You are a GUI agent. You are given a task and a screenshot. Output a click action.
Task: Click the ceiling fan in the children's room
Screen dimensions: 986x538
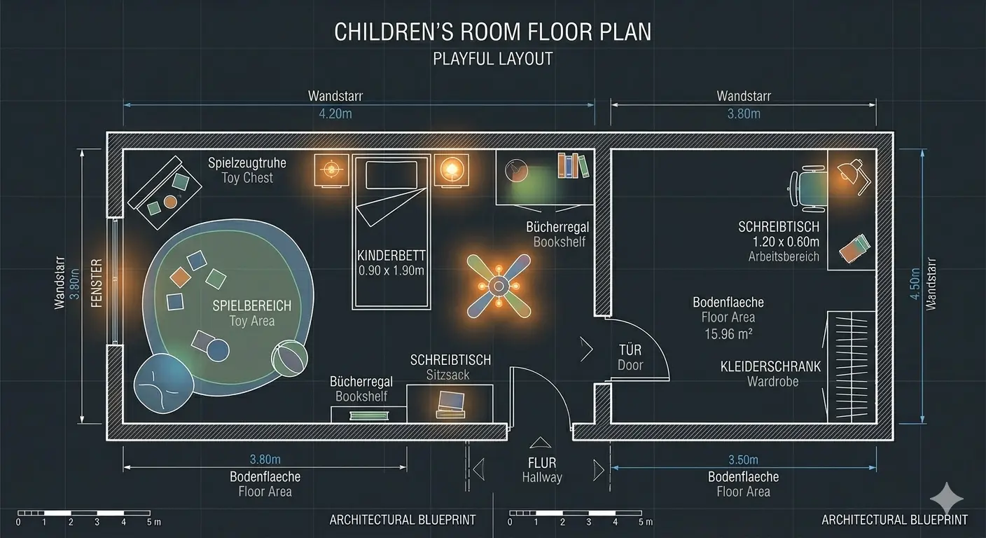[499, 287]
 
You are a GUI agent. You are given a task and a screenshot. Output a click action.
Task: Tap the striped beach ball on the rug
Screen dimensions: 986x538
[289, 359]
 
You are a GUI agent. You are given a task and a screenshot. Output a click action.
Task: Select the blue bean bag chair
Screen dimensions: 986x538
[163, 383]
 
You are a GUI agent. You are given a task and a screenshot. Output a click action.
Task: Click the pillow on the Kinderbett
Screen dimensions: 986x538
[391, 175]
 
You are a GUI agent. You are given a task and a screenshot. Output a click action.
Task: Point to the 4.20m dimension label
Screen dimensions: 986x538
[335, 113]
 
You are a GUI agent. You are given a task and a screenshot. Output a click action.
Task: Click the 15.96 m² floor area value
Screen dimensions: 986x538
[728, 334]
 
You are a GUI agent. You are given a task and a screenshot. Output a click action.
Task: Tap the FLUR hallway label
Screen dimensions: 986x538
[542, 463]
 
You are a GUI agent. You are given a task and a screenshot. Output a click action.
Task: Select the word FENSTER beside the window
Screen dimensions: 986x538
[97, 283]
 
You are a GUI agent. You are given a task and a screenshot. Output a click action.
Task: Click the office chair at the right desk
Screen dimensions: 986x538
[808, 186]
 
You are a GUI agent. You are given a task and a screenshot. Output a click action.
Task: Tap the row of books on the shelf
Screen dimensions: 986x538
[573, 165]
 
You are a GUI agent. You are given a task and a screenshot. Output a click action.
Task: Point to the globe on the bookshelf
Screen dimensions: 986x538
[516, 170]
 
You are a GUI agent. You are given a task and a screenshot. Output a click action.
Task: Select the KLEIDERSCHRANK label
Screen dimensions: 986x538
[770, 367]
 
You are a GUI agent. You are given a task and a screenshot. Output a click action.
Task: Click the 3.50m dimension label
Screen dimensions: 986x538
[743, 460]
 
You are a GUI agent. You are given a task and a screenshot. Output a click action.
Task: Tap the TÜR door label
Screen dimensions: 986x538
[630, 350]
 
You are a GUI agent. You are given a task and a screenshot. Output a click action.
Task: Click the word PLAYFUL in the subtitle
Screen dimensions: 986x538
[459, 59]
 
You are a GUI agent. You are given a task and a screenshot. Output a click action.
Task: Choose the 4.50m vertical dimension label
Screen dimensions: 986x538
[915, 284]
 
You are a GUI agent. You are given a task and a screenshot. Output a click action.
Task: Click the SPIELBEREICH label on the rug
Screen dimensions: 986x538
[252, 306]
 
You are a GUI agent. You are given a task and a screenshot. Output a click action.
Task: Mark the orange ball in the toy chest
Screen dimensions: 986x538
[170, 202]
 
